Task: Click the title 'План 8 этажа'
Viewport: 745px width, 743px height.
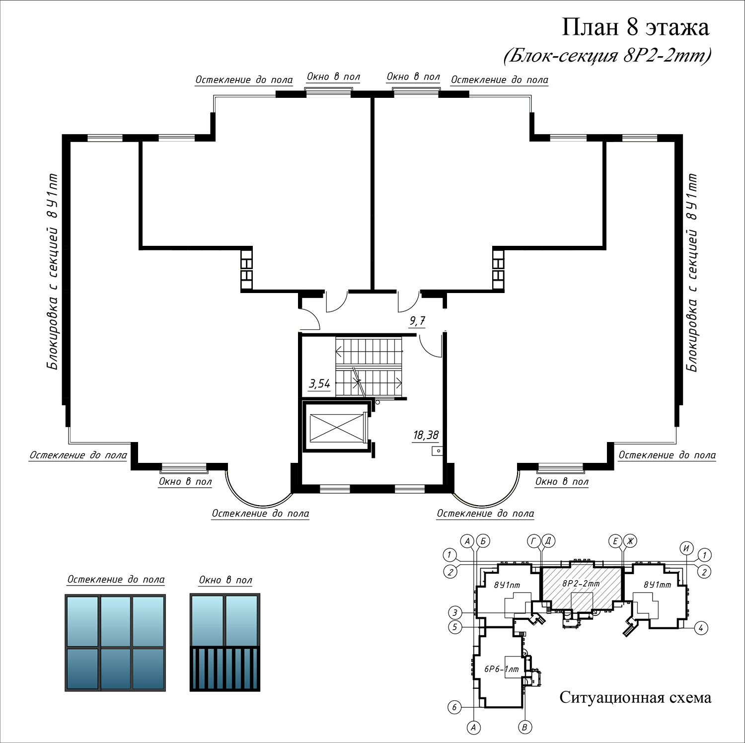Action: pyautogui.click(x=635, y=27)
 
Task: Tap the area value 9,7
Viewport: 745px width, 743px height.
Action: pyautogui.click(x=417, y=321)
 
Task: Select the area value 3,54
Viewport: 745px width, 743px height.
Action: pyautogui.click(x=319, y=383)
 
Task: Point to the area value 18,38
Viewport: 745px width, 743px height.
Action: pyautogui.click(x=426, y=436)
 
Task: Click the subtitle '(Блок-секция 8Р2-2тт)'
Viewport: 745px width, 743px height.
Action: pyautogui.click(x=607, y=56)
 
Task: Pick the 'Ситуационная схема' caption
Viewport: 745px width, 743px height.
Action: pyautogui.click(x=635, y=697)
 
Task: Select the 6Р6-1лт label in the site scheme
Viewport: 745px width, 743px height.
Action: pyautogui.click(x=502, y=669)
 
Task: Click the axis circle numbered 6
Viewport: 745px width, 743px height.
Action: pyautogui.click(x=454, y=707)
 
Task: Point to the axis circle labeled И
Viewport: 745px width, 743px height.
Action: pyautogui.click(x=687, y=548)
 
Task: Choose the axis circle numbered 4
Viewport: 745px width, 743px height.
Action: pyautogui.click(x=701, y=628)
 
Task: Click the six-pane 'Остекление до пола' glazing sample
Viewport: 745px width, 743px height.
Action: pyautogui.click(x=115, y=643)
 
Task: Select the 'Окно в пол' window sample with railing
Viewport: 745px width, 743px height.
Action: pyautogui.click(x=225, y=643)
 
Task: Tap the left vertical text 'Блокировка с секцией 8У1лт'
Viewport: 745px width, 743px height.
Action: pyautogui.click(x=52, y=272)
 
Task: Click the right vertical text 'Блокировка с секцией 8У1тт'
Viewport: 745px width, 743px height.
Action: pyautogui.click(x=692, y=273)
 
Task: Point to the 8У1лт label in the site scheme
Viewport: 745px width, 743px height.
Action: pyautogui.click(x=507, y=585)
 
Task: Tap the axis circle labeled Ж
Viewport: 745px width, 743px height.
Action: pyautogui.click(x=630, y=541)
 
